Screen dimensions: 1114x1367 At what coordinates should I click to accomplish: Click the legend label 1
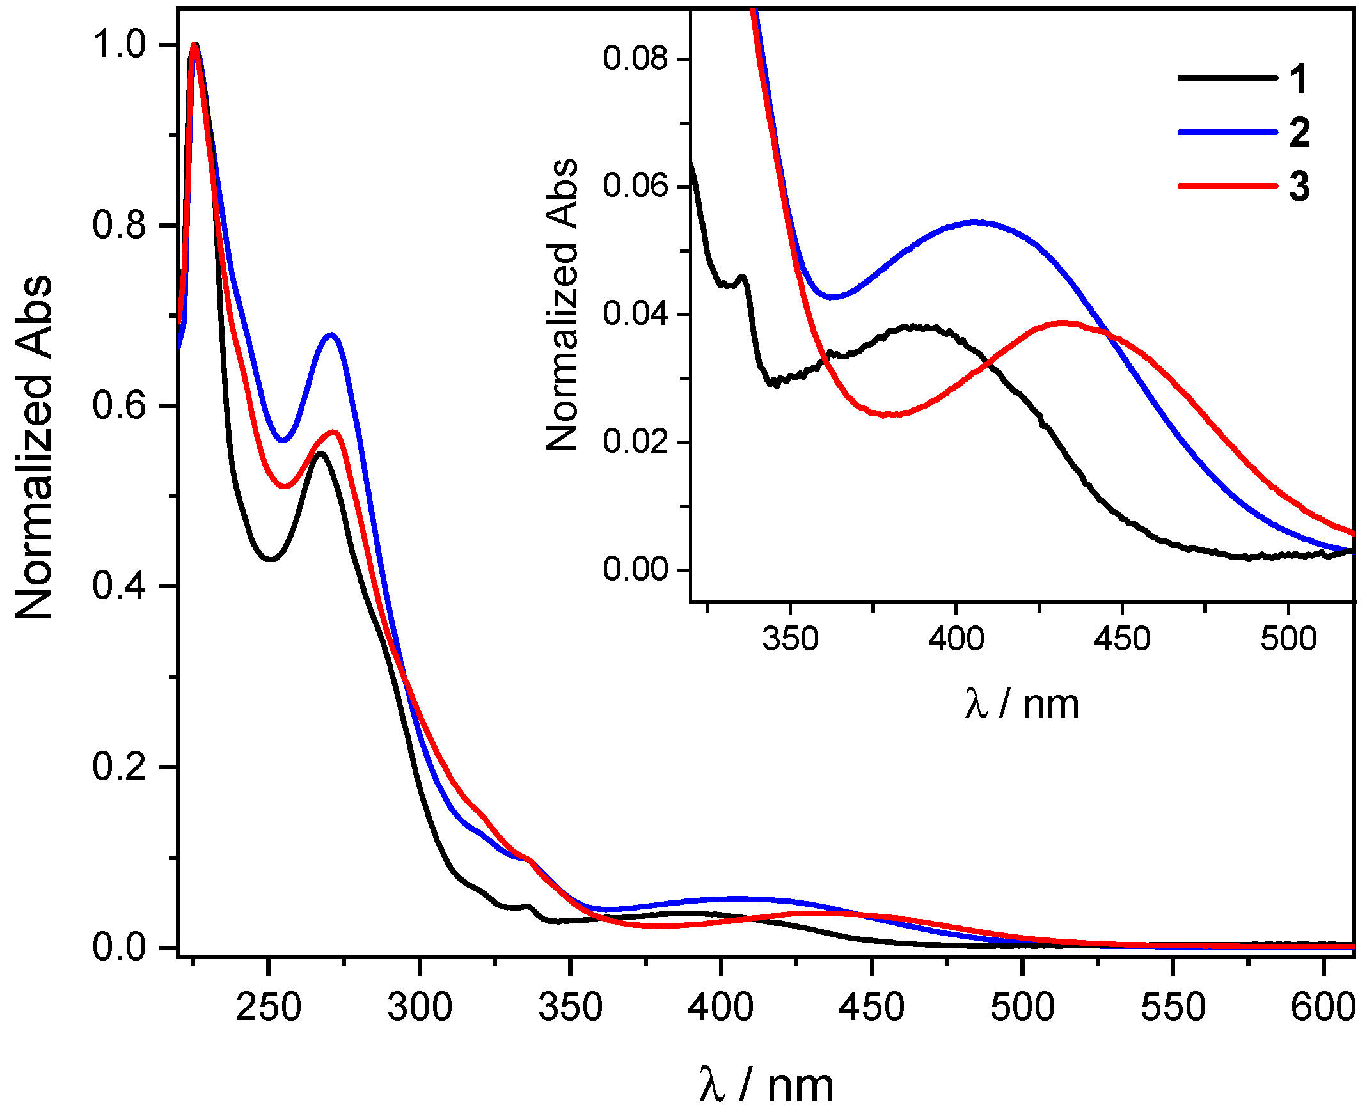(x=1298, y=79)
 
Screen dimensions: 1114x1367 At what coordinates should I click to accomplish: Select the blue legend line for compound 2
(x=1227, y=132)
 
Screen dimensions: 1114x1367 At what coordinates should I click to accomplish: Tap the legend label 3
(x=1299, y=187)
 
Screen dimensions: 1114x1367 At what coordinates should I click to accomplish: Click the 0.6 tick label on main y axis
(x=120, y=405)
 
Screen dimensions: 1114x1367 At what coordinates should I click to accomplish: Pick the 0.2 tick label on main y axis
(x=120, y=766)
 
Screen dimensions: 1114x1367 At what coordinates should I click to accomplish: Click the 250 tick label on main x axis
(x=268, y=1006)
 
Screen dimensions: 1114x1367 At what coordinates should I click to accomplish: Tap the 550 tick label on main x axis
(x=1173, y=1006)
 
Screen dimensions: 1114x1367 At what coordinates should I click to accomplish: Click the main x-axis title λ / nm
(x=766, y=1085)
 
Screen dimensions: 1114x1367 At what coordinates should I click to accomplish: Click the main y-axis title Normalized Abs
(x=33, y=447)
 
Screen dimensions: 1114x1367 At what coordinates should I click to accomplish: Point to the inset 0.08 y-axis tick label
(x=635, y=58)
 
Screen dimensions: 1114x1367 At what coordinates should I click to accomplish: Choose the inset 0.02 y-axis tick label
(x=635, y=441)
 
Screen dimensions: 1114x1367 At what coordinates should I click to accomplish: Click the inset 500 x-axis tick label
(x=1288, y=638)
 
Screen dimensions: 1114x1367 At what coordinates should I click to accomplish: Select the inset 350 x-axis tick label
(x=790, y=638)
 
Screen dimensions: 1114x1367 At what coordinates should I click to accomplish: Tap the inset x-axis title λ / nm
(x=1022, y=704)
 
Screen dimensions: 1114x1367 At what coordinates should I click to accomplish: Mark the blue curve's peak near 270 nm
(x=331, y=334)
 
